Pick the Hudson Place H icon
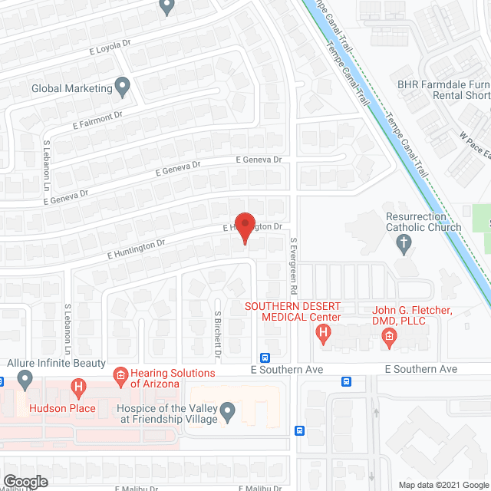pyautogui.click(x=77, y=388)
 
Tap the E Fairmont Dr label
pyautogui.click(x=97, y=119)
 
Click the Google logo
pyautogui.click(x=25, y=482)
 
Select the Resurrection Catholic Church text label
pyautogui.click(x=423, y=222)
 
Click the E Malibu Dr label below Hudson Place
pyautogui.click(x=137, y=488)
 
